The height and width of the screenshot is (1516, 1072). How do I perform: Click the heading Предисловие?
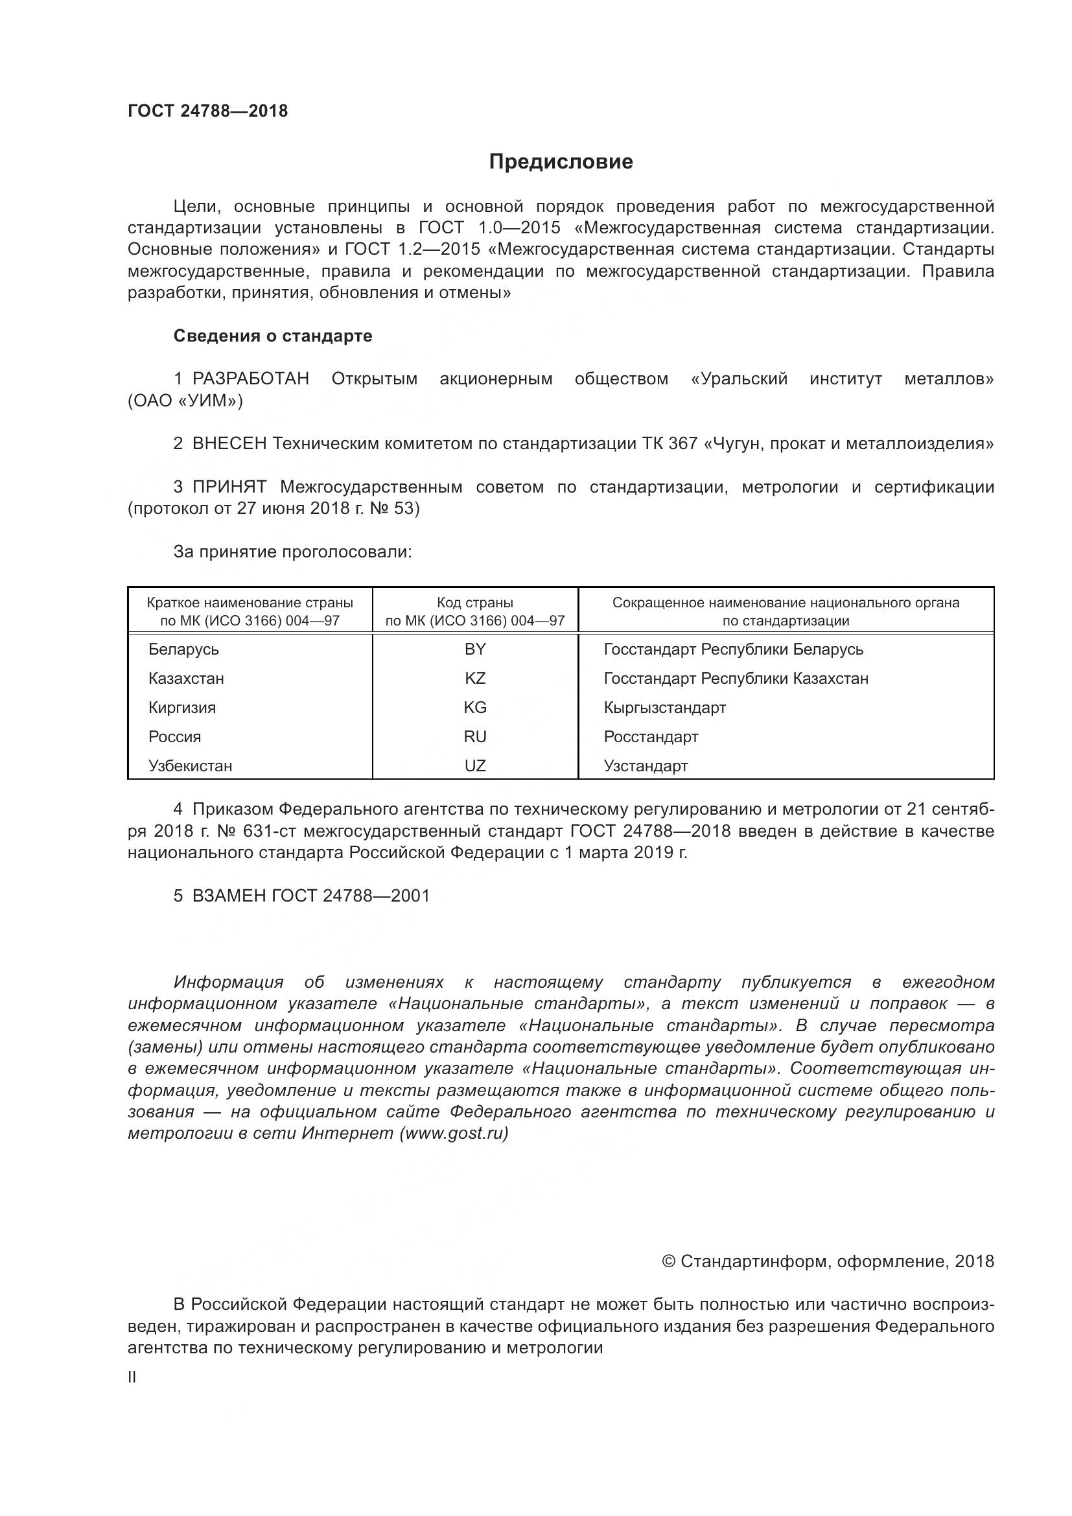561,162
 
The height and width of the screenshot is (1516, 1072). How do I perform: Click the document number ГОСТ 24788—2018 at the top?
207,111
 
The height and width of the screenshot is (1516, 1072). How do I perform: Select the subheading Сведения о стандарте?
273,336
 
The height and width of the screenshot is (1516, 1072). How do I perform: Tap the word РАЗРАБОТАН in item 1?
250,379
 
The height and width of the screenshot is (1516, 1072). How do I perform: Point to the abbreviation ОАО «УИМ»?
185,401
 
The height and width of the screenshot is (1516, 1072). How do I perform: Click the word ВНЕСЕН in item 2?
229,444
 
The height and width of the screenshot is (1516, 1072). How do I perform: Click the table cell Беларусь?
183,649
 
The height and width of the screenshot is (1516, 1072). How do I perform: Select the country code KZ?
474,679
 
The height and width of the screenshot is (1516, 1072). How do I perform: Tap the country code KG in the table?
474,708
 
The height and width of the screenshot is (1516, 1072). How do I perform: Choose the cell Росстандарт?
650,737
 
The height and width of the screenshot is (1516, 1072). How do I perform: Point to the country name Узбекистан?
190,767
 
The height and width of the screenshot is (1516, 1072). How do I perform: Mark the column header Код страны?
474,603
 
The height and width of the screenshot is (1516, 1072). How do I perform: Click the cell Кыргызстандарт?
664,708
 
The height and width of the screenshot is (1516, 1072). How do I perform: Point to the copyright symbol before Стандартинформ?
668,1262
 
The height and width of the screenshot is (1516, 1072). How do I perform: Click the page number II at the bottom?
132,1377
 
